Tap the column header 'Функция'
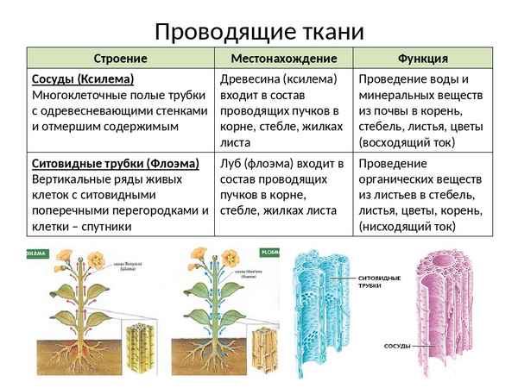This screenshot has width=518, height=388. (422, 59)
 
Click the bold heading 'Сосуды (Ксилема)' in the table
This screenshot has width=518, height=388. (77, 78)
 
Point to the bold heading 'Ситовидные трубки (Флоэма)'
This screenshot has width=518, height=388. (115, 163)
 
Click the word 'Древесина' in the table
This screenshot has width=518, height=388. (251, 78)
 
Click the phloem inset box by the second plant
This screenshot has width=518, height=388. (258, 346)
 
